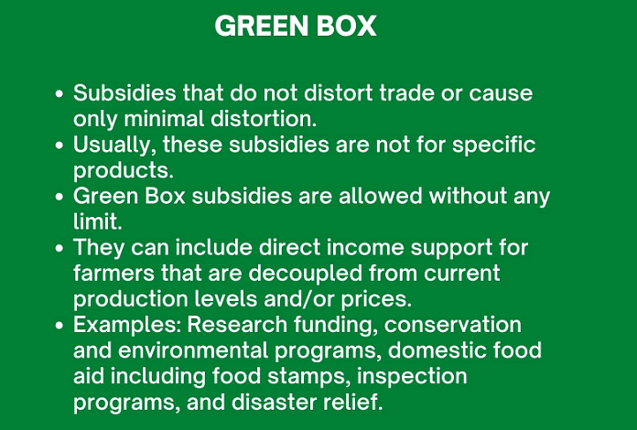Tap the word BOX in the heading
click(x=347, y=27)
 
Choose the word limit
click(x=94, y=222)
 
